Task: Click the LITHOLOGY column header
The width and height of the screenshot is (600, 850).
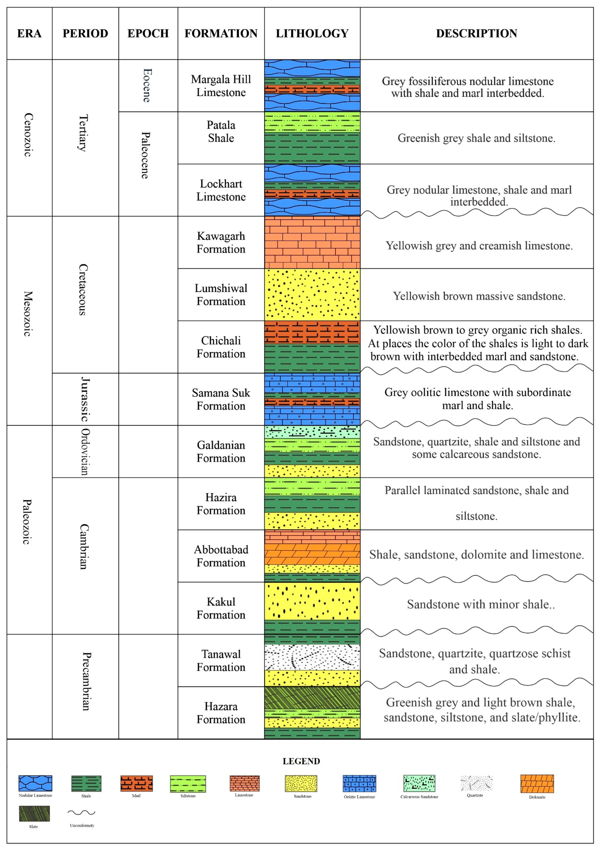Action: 312,33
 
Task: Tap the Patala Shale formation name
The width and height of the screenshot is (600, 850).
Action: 221,131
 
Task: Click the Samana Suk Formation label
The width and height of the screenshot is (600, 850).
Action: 221,399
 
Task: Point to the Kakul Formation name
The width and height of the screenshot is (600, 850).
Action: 221,608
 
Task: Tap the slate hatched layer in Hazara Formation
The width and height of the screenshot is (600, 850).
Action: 312,697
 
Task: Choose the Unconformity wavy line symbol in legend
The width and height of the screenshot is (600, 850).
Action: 82,813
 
